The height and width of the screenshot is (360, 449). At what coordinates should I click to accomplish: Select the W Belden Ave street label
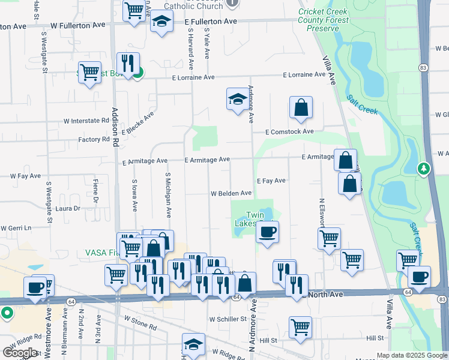(x=231, y=193)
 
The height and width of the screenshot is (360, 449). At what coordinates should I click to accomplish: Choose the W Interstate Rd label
(x=86, y=121)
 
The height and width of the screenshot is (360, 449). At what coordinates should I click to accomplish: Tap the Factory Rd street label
(x=94, y=139)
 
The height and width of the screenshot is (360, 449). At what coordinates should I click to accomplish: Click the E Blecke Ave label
(x=138, y=122)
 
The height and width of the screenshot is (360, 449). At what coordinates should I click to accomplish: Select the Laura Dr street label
(x=68, y=209)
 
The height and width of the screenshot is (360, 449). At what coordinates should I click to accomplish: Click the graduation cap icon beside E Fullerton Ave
(x=161, y=22)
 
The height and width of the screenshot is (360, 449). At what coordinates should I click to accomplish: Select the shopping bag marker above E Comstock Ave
(x=301, y=108)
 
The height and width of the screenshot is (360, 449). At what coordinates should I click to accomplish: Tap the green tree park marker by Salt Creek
(x=424, y=169)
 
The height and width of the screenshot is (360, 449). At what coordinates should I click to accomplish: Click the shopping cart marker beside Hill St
(x=300, y=327)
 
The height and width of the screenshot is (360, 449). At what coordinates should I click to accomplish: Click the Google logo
(x=20, y=353)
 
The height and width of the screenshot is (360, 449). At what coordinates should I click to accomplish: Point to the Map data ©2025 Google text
(x=411, y=355)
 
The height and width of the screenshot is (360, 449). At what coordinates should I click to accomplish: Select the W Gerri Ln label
(x=16, y=228)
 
